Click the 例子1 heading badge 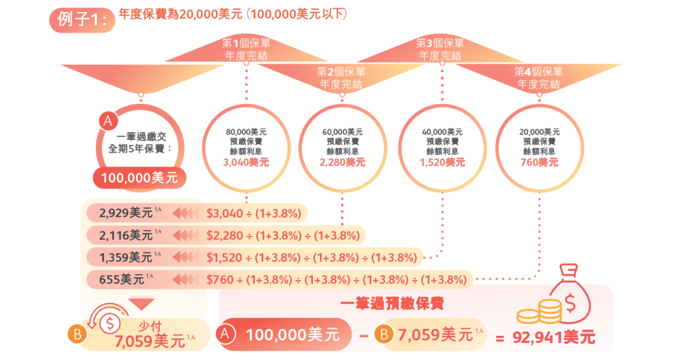tap(82, 20)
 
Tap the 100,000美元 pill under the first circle tap(140, 178)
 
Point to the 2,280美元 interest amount tap(342, 162)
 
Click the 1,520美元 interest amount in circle tap(442, 162)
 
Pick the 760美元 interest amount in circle tap(539, 162)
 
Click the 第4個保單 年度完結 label tap(539, 78)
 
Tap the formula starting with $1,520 tap(312, 257)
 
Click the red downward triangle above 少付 tap(141, 302)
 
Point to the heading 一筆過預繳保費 tap(391, 304)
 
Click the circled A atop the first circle tap(108, 120)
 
